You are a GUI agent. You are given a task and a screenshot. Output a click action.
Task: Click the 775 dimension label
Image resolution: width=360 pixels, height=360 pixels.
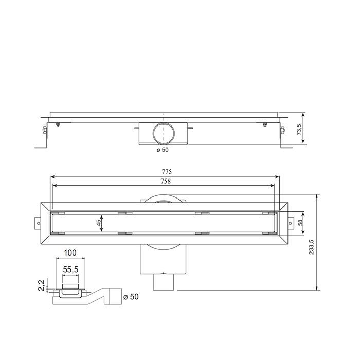tap(166, 172)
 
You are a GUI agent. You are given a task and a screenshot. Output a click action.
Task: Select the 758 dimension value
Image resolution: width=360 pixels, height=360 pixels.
tap(166, 181)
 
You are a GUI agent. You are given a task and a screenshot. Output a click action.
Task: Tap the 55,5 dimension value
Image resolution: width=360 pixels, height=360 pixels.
tap(70, 269)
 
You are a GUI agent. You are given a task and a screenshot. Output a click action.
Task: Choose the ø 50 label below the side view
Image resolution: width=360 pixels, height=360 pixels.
tap(163, 150)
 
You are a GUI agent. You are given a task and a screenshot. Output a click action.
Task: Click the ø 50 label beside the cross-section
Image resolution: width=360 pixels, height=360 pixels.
tap(131, 297)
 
